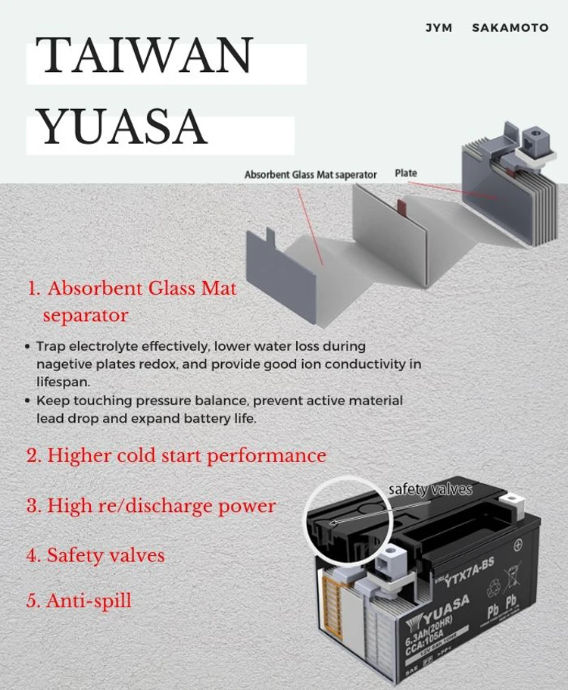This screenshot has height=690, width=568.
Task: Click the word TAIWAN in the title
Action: (x=145, y=55)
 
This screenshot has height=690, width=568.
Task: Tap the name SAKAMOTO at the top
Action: (x=510, y=27)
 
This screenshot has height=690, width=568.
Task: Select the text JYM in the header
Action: (x=438, y=27)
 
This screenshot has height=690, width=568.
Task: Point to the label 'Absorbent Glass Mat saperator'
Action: (x=311, y=174)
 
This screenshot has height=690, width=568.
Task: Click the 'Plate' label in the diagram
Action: (x=406, y=173)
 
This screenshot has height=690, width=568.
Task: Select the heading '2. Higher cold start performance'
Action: (x=176, y=455)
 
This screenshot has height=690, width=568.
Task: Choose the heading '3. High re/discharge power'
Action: (x=151, y=505)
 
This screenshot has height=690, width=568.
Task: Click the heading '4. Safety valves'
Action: (x=95, y=555)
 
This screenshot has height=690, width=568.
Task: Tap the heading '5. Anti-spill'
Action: (x=79, y=601)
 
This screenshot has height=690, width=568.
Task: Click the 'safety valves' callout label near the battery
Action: (x=430, y=489)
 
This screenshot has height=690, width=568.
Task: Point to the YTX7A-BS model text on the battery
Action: (x=470, y=579)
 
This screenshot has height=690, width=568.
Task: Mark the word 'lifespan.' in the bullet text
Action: (x=64, y=382)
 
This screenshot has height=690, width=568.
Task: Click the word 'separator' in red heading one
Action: (x=86, y=315)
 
